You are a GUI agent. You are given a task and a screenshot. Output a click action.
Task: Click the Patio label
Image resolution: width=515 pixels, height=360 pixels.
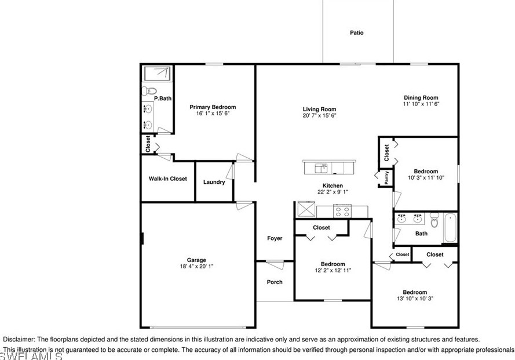click(x=357, y=33)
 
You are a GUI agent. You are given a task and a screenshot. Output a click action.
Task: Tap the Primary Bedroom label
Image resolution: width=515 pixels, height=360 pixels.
click(x=213, y=107)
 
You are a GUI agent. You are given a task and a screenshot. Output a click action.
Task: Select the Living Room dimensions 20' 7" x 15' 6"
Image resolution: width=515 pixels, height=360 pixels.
click(x=319, y=116)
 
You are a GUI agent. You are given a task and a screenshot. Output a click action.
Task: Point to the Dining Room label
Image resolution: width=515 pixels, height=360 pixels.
click(x=421, y=97)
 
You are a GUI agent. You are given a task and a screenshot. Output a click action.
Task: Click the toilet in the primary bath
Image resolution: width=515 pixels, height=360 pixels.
click(x=149, y=90)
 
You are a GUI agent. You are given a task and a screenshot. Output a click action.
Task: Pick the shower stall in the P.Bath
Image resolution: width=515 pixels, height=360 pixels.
click(x=157, y=74)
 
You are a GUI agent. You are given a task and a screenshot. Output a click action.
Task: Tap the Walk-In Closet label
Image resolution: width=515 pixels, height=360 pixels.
click(x=167, y=179)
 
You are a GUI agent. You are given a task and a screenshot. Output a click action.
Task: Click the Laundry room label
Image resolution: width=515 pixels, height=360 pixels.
click(x=214, y=182)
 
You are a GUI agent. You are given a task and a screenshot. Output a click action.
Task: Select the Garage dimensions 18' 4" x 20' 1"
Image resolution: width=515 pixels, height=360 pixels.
click(x=196, y=266)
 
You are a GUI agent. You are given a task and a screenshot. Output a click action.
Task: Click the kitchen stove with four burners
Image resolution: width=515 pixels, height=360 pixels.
click(x=342, y=211)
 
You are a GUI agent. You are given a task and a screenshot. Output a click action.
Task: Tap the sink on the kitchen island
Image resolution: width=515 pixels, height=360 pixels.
click(x=321, y=168)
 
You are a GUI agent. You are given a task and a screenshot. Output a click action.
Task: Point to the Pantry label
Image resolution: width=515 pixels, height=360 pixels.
click(x=386, y=177)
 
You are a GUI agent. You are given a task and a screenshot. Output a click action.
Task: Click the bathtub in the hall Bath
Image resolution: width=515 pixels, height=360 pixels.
click(x=450, y=227)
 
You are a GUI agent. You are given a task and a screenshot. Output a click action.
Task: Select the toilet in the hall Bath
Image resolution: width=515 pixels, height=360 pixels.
click(x=434, y=220)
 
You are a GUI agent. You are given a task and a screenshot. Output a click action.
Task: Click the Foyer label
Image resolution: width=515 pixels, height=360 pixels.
click(x=275, y=238)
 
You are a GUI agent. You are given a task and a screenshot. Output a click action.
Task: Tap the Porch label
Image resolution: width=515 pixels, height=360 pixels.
click(x=275, y=282)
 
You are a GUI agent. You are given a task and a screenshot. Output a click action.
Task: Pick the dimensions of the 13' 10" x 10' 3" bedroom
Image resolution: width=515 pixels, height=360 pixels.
click(x=415, y=299)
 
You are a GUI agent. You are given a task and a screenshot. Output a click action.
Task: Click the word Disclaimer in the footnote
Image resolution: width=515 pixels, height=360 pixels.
click(x=19, y=339)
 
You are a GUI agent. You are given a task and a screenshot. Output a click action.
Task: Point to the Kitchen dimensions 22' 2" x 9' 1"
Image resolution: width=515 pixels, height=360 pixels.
click(x=333, y=192)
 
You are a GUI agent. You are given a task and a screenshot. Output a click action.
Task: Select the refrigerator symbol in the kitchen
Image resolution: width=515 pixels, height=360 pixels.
click(x=306, y=209)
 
